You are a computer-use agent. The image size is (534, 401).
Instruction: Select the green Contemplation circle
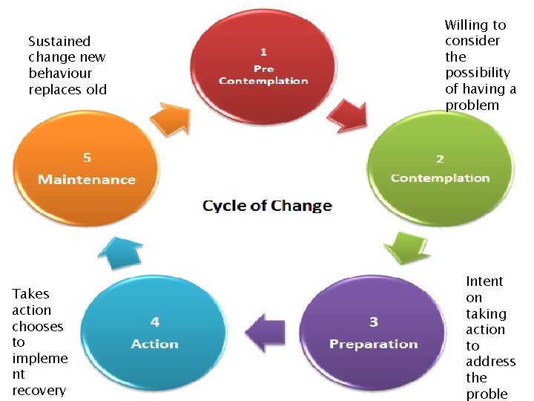[440, 167]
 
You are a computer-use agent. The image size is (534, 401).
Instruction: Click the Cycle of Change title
[267, 206]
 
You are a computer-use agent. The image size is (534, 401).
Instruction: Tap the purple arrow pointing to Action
[265, 330]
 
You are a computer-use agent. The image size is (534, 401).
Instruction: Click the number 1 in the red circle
[263, 51]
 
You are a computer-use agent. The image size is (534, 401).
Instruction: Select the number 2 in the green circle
[440, 159]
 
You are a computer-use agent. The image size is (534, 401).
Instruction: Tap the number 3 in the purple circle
[374, 322]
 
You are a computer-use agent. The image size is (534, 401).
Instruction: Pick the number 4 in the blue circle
[155, 322]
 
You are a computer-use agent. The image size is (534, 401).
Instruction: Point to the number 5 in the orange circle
[87, 157]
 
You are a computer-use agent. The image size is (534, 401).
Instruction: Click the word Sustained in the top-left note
[59, 42]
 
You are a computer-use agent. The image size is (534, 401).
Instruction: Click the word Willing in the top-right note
[475, 25]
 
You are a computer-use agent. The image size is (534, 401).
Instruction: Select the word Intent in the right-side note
[484, 281]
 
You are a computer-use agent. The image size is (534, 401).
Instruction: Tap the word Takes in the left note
[31, 294]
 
